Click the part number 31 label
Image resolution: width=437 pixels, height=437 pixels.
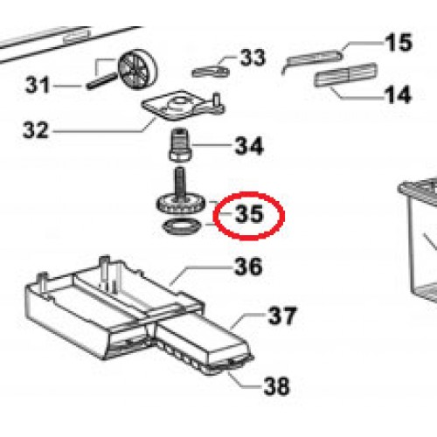pyautogui.click(x=38, y=86)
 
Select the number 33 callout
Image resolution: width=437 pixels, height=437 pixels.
pyautogui.click(x=252, y=59)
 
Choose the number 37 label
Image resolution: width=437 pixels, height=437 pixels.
pyautogui.click(x=281, y=316)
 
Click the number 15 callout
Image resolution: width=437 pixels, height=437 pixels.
pyautogui.click(x=397, y=43)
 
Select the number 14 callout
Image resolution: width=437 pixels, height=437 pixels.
pyautogui.click(x=397, y=94)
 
